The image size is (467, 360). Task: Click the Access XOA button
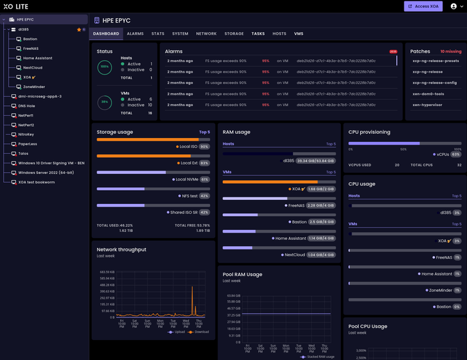pyautogui.click(x=423, y=6)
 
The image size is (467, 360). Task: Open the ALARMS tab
pyautogui.click(x=135, y=33)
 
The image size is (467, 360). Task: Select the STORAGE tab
pyautogui.click(x=233, y=33)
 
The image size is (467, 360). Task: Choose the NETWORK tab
pyautogui.click(x=206, y=33)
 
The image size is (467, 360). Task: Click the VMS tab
pyautogui.click(x=298, y=33)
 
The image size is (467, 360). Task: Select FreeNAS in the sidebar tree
pyautogui.click(x=31, y=49)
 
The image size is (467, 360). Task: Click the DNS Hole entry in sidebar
pyautogui.click(x=26, y=106)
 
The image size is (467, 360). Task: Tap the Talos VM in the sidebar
pyautogui.click(x=23, y=153)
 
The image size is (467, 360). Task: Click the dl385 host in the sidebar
pyautogui.click(x=23, y=30)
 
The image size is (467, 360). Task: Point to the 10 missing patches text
pyautogui.click(x=450, y=51)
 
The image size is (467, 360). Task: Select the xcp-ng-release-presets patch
pyautogui.click(x=436, y=61)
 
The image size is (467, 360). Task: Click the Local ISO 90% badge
pyautogui.click(x=205, y=147)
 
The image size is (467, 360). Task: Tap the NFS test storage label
pyautogui.click(x=189, y=196)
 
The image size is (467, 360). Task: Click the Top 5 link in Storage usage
pyautogui.click(x=204, y=132)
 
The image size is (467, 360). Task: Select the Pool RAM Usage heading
pyautogui.click(x=242, y=274)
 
